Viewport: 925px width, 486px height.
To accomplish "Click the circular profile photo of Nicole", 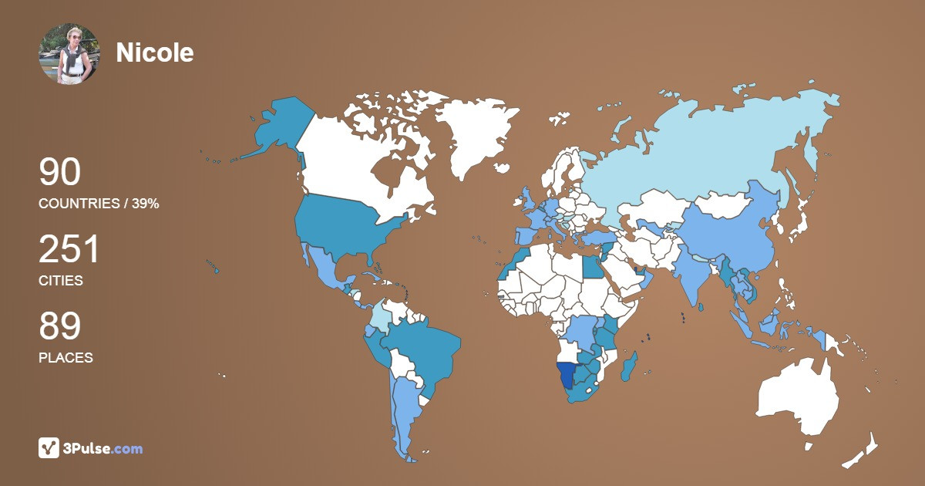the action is tap(69, 53).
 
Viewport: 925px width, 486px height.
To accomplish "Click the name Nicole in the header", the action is tap(155, 52).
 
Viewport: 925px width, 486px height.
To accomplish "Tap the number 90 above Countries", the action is tap(60, 173).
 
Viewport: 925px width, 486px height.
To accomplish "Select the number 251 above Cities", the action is tap(69, 250).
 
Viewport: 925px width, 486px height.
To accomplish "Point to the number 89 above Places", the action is tap(60, 327).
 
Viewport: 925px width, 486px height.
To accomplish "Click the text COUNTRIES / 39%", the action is tap(99, 204).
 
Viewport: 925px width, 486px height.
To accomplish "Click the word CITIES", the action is tap(61, 281).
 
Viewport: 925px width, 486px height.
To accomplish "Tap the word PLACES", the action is tap(66, 358).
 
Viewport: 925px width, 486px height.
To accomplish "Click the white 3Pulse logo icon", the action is tap(49, 448).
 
